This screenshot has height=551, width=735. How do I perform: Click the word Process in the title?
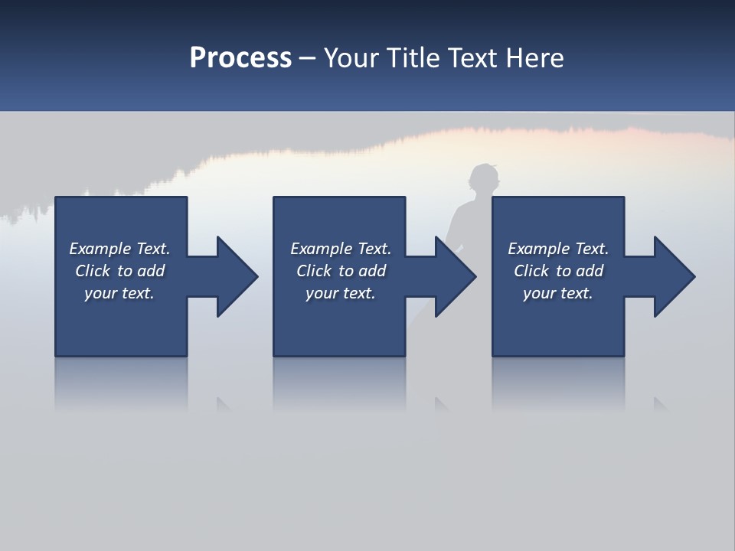coord(240,58)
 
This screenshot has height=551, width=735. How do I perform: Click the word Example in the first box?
coord(100,249)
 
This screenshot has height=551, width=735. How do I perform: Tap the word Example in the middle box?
coord(321,249)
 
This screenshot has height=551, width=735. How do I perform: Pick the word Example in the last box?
coord(538,249)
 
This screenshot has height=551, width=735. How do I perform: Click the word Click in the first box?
coord(93,271)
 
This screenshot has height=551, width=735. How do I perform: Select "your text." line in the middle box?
coord(340,293)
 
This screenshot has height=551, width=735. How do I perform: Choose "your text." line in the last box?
coord(557,293)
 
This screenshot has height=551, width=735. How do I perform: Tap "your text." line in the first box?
coord(119,293)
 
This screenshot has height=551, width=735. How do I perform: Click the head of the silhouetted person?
coord(484,181)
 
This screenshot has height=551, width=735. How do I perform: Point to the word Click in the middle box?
coord(314,271)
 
